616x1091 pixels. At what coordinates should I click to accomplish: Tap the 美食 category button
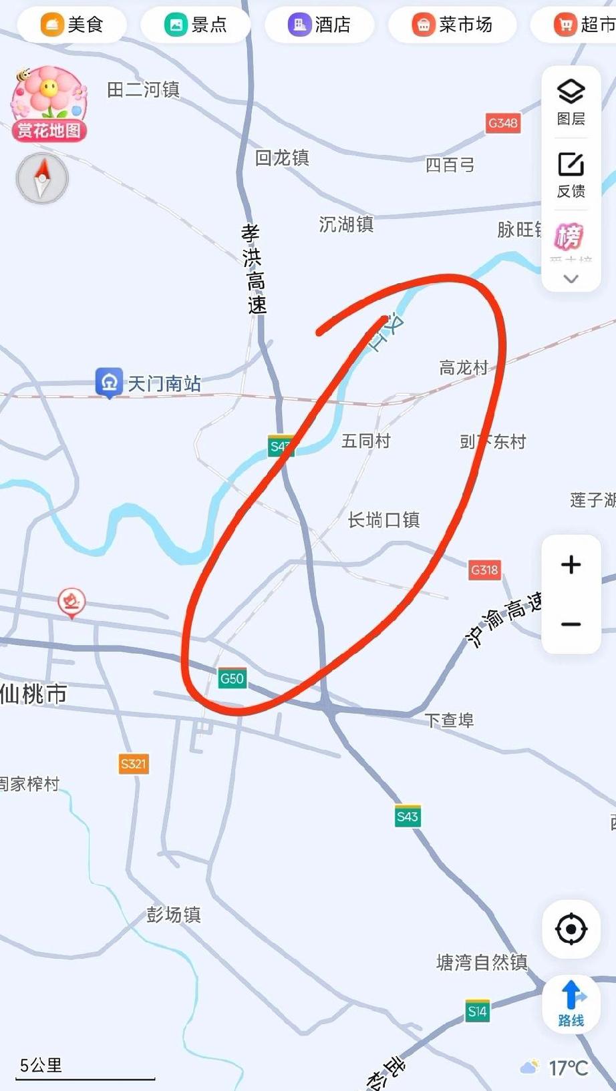pos(71,25)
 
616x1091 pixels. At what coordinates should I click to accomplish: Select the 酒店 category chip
pos(319,25)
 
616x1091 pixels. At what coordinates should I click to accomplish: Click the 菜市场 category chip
pos(452,25)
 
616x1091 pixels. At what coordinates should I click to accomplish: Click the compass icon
pos(42,178)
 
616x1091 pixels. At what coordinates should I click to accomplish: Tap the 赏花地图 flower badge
pos(49,103)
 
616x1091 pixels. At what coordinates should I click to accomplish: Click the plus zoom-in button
pos(571,565)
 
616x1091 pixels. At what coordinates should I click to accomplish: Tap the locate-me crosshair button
pos(571,929)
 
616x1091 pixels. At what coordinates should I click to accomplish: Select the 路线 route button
pos(571,1004)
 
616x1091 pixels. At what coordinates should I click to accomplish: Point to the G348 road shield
pos(502,123)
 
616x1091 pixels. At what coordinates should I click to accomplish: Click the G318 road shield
pos(484,570)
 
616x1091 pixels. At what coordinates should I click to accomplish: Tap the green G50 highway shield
pos(232,679)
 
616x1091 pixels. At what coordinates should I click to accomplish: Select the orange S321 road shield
pos(134,764)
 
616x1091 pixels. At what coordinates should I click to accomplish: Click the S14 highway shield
pos(477,1012)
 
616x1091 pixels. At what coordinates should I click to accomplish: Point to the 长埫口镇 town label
pos(383,520)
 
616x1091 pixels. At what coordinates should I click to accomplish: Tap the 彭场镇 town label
pos(174,915)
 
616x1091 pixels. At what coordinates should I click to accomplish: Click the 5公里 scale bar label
pos(41,1065)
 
